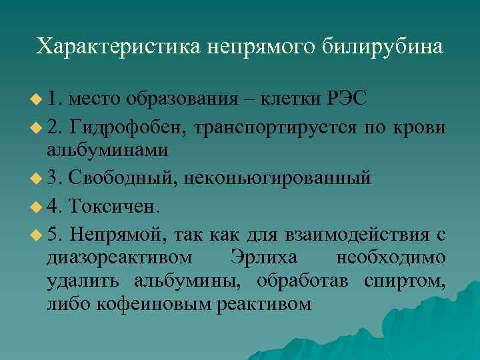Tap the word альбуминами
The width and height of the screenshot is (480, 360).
[x=107, y=151]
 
